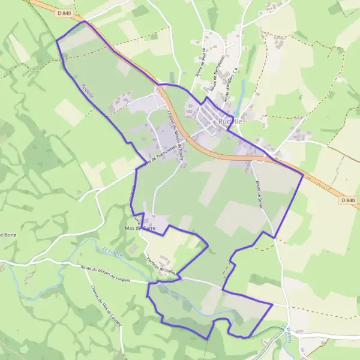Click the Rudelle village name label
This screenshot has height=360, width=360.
(x=230, y=121)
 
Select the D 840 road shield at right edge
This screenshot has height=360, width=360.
(x=347, y=200)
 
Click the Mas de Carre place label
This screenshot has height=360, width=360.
(x=140, y=229)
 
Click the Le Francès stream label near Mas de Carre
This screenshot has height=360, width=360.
(x=112, y=253)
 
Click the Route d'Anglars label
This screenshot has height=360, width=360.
(x=229, y=85)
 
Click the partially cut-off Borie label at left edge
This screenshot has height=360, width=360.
(x=8, y=234)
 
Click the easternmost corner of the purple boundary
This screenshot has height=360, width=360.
(x=303, y=175)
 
